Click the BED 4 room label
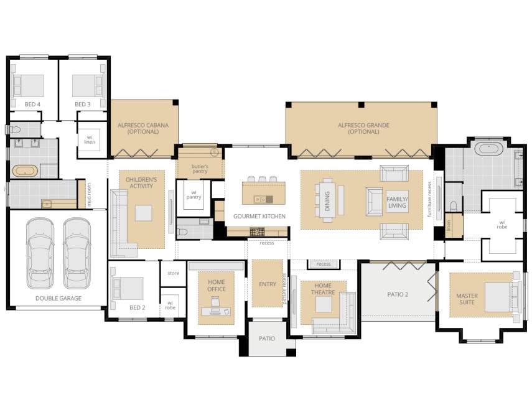click(x=32, y=104)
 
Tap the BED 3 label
click(x=83, y=104)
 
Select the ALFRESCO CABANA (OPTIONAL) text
click(x=143, y=128)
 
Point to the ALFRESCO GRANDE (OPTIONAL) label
click(x=363, y=128)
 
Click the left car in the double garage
click(x=40, y=253)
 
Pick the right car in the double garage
click(x=77, y=253)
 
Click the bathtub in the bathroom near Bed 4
click(x=25, y=171)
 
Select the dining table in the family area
click(x=327, y=200)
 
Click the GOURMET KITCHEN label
click(x=259, y=216)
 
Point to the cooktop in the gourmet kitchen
click(x=257, y=232)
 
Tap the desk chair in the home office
click(x=215, y=302)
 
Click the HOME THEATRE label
click(x=323, y=289)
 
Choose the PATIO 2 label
click(x=398, y=294)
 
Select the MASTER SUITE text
click(x=467, y=299)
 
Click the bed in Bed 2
click(x=128, y=288)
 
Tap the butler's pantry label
click(x=200, y=169)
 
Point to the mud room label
click(x=89, y=195)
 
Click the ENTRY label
click(x=268, y=284)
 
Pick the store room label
click(x=174, y=273)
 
